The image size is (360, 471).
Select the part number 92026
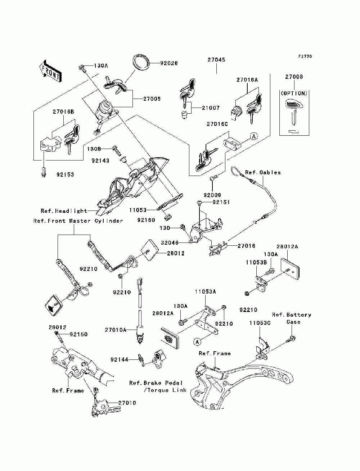tap(169, 63)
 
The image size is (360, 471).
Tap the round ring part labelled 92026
tap(141, 62)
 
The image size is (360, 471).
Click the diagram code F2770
tap(305, 56)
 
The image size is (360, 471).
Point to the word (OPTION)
tap(294, 93)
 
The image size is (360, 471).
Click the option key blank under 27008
tap(294, 112)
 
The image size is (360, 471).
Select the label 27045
tap(216, 60)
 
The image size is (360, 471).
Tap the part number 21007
tap(211, 108)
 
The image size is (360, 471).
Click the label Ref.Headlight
tap(64, 211)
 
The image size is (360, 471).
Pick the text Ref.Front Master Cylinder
tap(78, 221)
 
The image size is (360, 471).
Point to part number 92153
tap(65, 175)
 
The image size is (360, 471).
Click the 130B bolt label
tap(94, 149)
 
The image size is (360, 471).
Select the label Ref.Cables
tap(263, 172)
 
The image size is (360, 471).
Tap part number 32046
tap(170, 243)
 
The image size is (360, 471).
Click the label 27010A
tap(116, 330)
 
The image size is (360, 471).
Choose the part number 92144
tap(120, 359)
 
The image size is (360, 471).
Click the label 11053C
tap(260, 323)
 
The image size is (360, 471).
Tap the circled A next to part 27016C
tap(254, 136)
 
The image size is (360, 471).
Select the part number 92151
tap(221, 202)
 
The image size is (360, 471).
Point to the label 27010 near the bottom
tap(127, 403)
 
